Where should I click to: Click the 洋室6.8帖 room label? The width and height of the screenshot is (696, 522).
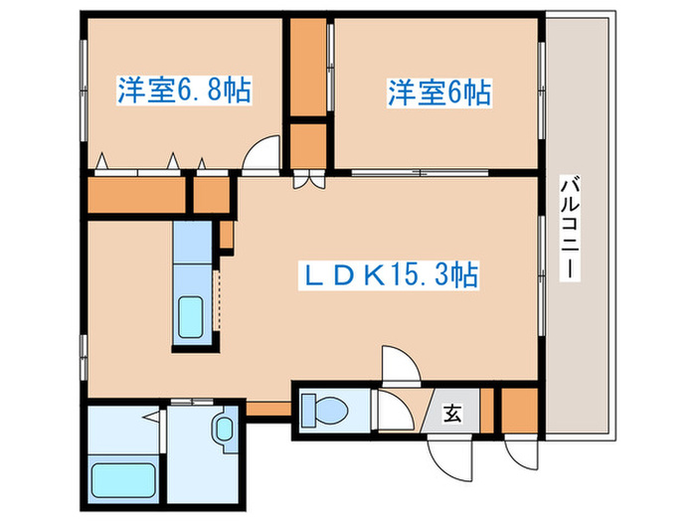tap(184, 91)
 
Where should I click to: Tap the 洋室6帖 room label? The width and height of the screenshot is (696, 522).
tap(438, 93)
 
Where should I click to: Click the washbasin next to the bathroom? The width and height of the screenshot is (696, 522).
tap(224, 430)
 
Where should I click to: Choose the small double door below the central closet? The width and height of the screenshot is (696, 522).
tap(308, 181)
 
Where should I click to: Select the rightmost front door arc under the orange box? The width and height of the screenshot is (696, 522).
tap(517, 452)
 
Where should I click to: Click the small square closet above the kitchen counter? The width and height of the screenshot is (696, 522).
tap(211, 195)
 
